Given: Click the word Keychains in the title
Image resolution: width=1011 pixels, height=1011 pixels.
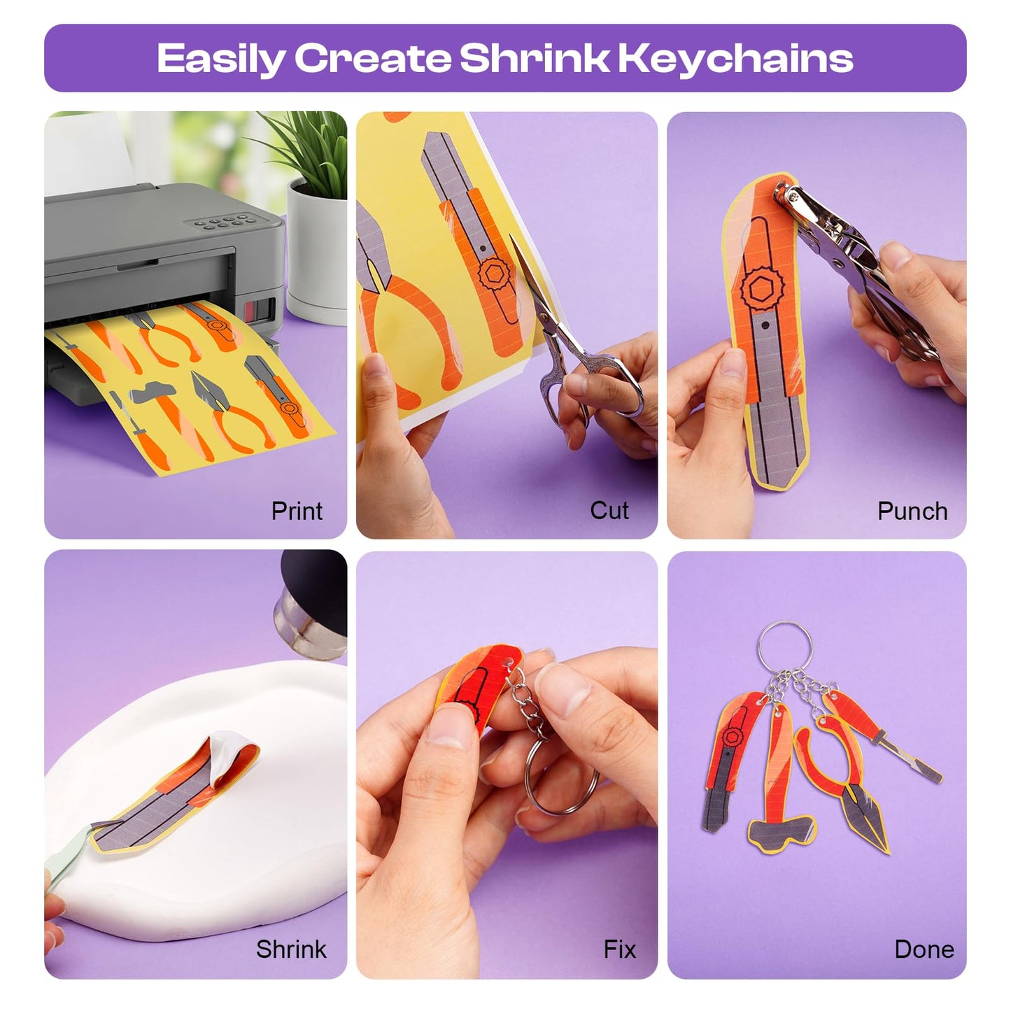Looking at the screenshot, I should point(735,58).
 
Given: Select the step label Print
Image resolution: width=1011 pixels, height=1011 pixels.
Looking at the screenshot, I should point(297,511).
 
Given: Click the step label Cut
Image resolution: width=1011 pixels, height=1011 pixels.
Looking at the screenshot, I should point(609,510).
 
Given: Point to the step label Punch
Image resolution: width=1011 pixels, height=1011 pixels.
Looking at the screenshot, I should point(912,511).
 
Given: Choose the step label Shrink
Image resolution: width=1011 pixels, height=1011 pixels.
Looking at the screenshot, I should point(291,949).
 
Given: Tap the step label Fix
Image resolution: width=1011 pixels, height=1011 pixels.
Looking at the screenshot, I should point(620,949).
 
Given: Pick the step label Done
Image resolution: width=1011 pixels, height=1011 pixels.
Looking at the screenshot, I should point(924,949).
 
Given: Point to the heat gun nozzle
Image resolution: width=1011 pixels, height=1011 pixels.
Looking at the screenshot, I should point(308,623).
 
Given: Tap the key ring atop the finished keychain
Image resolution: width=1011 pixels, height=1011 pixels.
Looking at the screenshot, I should point(785,648).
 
